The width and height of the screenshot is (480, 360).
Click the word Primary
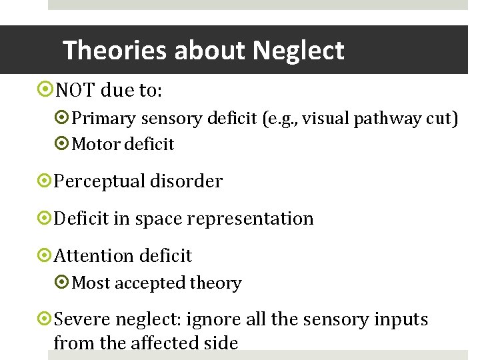pyautogui.click(x=100, y=119)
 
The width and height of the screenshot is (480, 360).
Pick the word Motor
pyautogui.click(x=93, y=144)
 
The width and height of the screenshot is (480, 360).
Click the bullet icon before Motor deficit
pyautogui.click(x=63, y=144)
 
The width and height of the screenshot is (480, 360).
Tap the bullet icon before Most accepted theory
pyautogui.click(x=63, y=283)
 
